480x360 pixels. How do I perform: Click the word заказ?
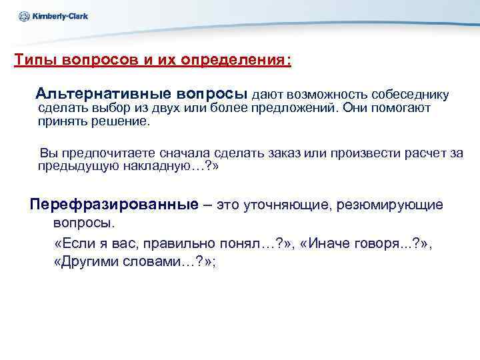tap(285, 153)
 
